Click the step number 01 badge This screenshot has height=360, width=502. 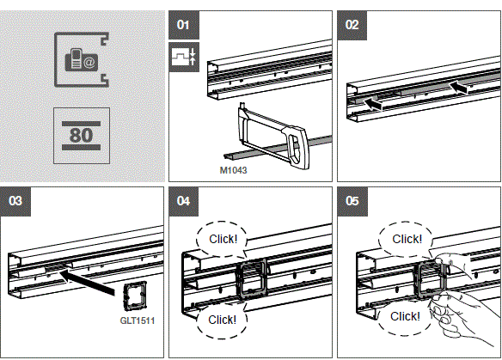[182, 25]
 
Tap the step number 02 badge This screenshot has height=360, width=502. [352, 25]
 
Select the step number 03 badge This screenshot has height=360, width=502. [15, 202]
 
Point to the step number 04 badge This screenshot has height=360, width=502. [182, 202]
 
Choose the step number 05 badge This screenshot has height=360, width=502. [352, 202]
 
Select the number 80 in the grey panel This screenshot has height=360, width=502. [81, 136]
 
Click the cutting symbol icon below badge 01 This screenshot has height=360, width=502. [185, 58]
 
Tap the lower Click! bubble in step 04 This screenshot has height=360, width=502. [222, 319]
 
